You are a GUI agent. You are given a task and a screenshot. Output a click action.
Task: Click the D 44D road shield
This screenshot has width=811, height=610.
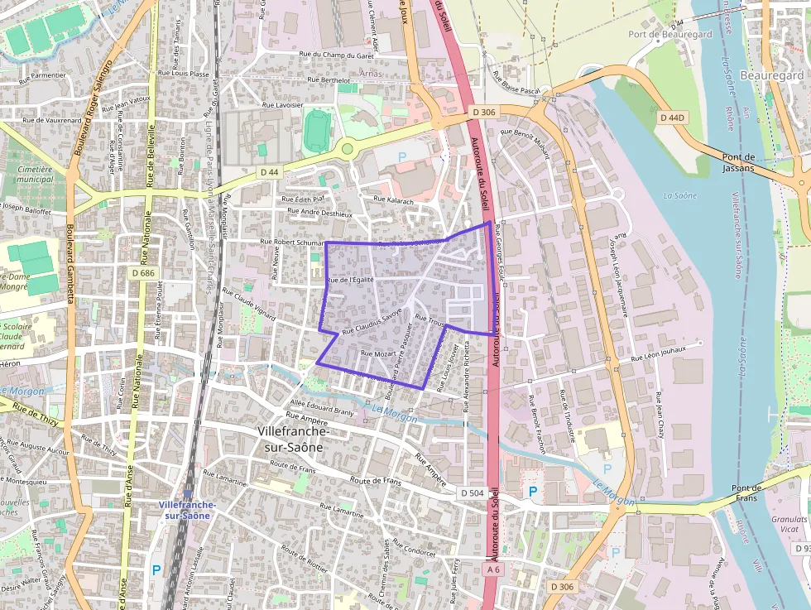[673, 118]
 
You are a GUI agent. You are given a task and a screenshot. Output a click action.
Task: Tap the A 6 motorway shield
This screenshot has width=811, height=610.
[494, 569]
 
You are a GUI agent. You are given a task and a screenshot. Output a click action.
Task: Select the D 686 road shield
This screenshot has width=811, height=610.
[143, 271]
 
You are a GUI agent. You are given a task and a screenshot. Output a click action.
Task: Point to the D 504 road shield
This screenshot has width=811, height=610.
[472, 493]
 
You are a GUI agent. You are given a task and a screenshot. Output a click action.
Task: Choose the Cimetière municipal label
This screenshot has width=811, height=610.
[34, 174]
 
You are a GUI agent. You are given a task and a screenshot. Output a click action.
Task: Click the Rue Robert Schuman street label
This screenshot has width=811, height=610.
[290, 242]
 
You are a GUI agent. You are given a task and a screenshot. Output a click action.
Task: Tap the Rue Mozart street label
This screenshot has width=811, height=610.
[377, 353]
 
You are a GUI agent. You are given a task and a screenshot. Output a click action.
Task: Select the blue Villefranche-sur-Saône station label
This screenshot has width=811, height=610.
[188, 510]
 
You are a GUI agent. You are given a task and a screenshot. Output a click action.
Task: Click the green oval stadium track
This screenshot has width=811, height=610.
[316, 131]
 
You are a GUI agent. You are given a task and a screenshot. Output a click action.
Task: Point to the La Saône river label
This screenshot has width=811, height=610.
[679, 195]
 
